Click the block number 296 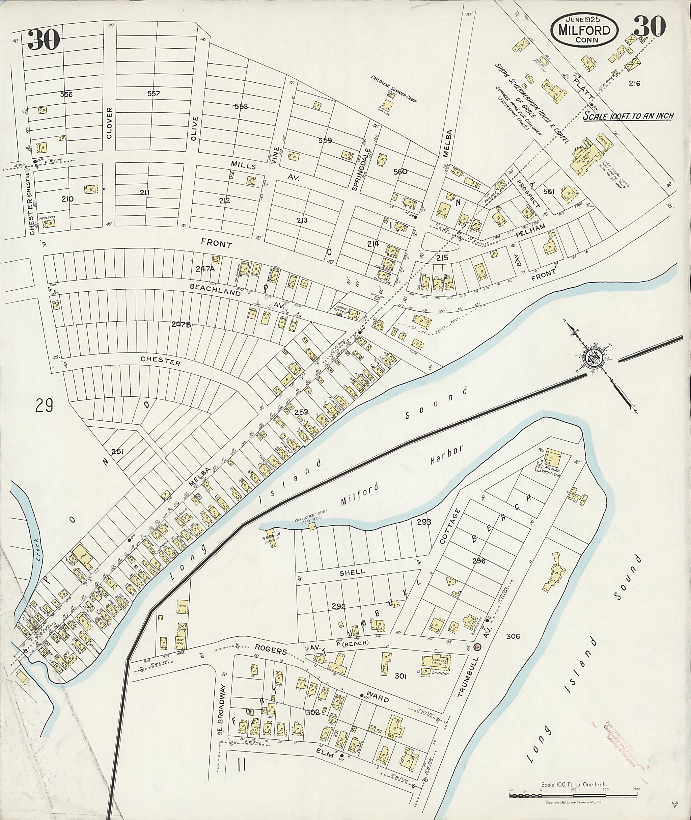479,561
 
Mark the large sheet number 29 44,405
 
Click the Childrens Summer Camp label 393,88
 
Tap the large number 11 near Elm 242,764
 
